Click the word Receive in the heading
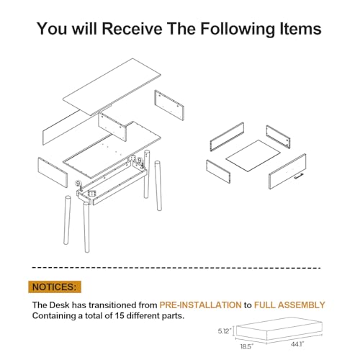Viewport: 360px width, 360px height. click(x=132, y=29)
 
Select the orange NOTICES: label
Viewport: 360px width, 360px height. click(x=55, y=287)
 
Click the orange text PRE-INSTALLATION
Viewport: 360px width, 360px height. click(x=200, y=305)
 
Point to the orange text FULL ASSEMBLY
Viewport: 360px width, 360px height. click(x=289, y=305)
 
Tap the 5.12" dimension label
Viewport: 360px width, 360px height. click(x=225, y=331)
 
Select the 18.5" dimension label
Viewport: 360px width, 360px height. click(x=247, y=346)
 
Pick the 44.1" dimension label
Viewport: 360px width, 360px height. click(x=297, y=344)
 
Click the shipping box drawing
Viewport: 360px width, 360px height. click(x=279, y=329)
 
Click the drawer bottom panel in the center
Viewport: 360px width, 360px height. click(x=253, y=156)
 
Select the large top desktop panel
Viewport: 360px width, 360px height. click(x=112, y=86)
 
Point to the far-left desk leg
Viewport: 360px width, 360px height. click(x=67, y=220)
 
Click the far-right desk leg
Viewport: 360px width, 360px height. click(x=158, y=186)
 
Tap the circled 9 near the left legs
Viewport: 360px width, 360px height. click(x=78, y=184)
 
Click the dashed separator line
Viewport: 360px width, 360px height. click(x=176, y=268)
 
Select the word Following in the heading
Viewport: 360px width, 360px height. click(x=238, y=29)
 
